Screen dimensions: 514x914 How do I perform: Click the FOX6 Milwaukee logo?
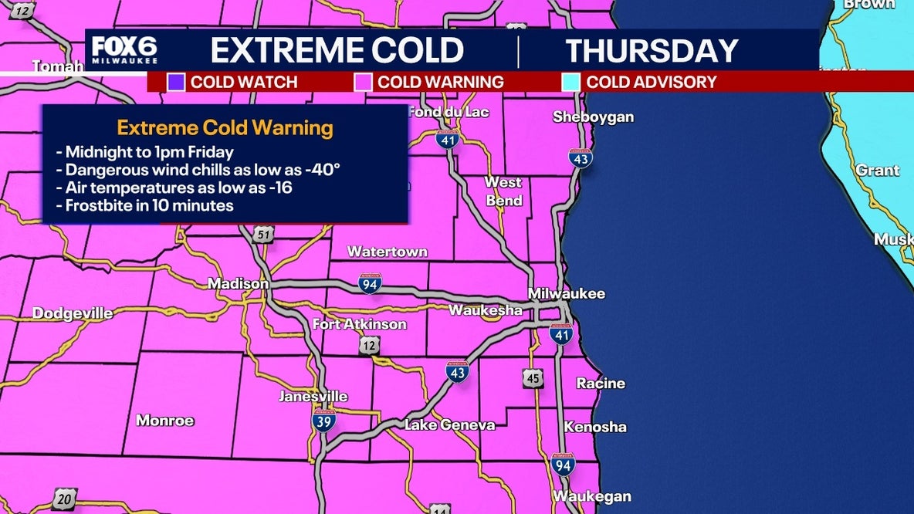click(x=125, y=50)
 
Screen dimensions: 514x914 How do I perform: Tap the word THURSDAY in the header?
click(x=652, y=51)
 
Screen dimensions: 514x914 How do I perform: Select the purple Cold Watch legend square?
click(x=176, y=82)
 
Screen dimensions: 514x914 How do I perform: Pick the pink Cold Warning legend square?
click(x=362, y=82)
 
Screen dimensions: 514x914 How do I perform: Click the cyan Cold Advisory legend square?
click(x=571, y=82)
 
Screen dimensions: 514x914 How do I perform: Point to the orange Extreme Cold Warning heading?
click(x=225, y=127)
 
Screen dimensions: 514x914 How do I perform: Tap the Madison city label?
click(x=238, y=284)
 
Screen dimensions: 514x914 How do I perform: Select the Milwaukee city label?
click(x=567, y=293)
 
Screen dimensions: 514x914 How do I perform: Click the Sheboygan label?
click(x=593, y=117)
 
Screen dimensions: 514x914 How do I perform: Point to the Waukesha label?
click(x=486, y=310)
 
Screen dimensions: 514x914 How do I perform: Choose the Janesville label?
click(x=313, y=397)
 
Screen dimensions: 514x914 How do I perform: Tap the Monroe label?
click(x=165, y=421)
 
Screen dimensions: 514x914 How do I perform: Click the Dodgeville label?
click(x=73, y=313)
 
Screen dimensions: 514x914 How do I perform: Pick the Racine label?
click(x=601, y=384)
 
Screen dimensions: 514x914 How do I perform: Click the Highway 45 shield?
click(x=532, y=377)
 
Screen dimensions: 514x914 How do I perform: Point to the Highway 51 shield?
click(x=265, y=234)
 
